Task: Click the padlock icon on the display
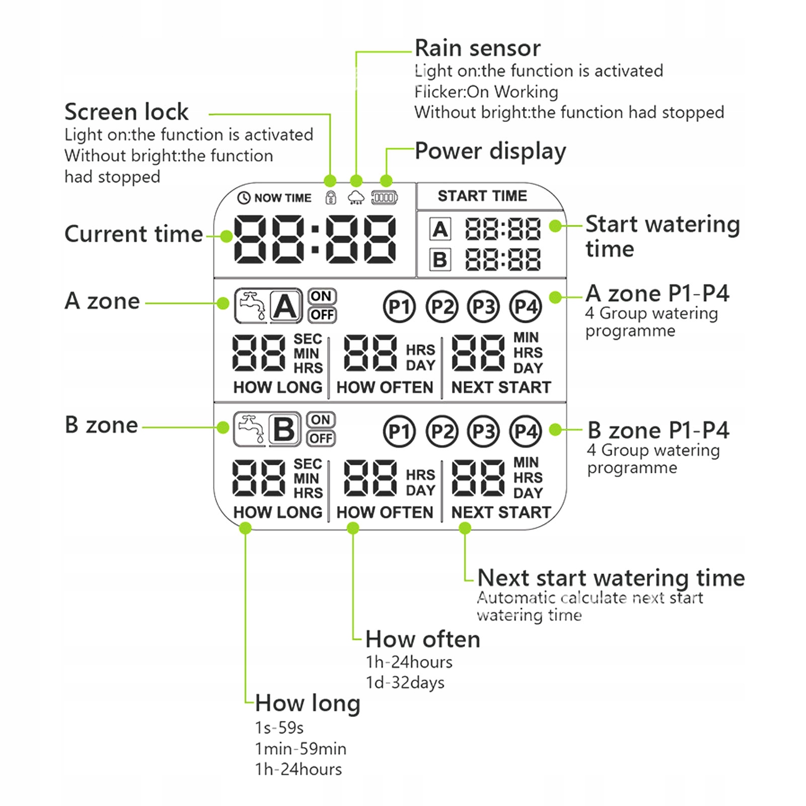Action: pos(331,197)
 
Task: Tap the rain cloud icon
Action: pos(356,197)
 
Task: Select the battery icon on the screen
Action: pos(385,197)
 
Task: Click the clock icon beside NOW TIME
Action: pos(244,198)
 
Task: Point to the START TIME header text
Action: pos(482,196)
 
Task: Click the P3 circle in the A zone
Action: pos(483,307)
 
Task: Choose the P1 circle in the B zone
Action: pos(399,431)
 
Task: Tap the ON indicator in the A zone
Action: pos(321,297)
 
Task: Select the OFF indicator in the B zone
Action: pos(321,438)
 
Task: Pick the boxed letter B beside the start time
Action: pos(440,260)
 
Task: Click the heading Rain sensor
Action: pos(477,48)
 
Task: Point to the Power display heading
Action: pos(490,151)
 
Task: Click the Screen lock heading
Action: pos(126,112)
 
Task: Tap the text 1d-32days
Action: pos(405,683)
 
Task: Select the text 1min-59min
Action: pos(301,749)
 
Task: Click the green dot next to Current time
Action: pos(226,236)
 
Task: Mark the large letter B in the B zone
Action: pos(284,429)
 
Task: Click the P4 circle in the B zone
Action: pos(526,431)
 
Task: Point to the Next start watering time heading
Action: pos(611,578)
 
